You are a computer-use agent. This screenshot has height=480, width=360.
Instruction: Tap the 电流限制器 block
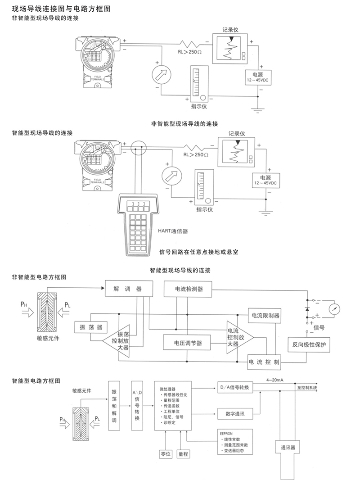[x=265, y=314]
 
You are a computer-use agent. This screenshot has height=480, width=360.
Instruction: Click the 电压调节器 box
[x=184, y=343]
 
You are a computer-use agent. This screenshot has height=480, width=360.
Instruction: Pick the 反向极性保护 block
[x=309, y=345]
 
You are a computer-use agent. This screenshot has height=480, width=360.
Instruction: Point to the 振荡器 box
[x=90, y=327]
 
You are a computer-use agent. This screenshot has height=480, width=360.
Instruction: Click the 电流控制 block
[x=265, y=362]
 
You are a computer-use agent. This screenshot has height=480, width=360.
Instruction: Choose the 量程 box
[x=183, y=454]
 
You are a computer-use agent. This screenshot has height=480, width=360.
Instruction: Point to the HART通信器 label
[x=173, y=231]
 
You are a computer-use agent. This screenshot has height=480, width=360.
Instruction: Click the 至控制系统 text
[x=307, y=387]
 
